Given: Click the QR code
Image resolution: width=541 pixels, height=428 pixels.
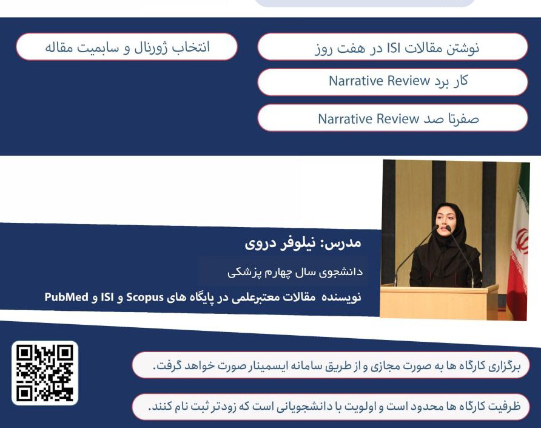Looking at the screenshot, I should tap(45, 373).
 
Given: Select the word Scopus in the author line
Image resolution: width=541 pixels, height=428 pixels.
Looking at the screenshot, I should tap(145, 297).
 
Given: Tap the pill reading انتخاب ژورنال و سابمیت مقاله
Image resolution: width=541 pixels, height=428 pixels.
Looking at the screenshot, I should tap(127, 47).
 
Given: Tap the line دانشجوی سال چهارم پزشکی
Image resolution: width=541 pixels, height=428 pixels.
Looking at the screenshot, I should tap(295, 272).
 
